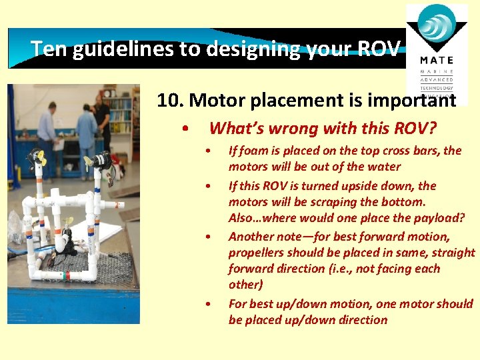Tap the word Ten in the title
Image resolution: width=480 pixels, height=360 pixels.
coord(46,49)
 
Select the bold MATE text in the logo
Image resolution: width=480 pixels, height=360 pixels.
coord(437,61)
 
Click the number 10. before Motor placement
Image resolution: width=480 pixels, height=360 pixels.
coord(171,101)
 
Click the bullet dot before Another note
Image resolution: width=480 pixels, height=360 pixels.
coord(209,237)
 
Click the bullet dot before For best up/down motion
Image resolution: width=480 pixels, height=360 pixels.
coord(209,304)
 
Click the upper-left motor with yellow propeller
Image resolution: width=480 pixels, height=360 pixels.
coord(37,159)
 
